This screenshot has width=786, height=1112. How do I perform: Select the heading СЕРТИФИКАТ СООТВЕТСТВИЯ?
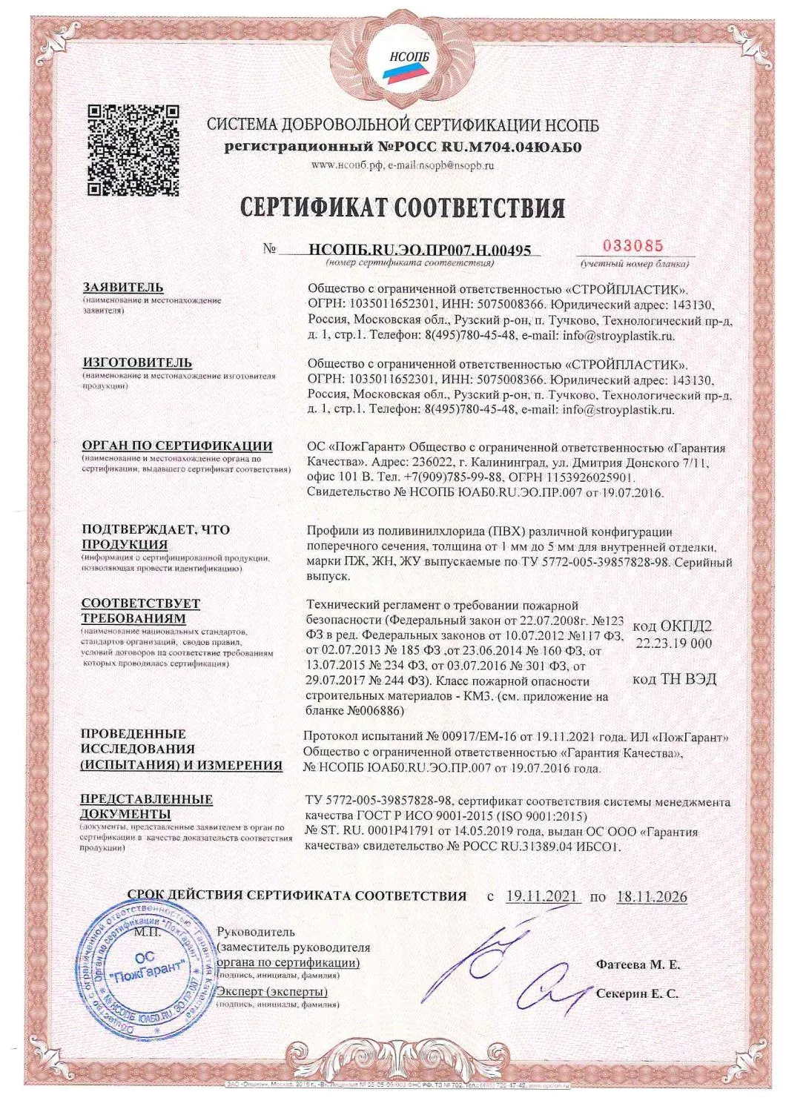[x=403, y=208]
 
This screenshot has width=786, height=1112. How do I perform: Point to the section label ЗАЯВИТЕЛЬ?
[x=123, y=288]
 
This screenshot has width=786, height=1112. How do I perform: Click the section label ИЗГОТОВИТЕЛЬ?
[x=136, y=363]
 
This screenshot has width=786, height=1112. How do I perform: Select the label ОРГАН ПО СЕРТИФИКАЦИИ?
[x=176, y=446]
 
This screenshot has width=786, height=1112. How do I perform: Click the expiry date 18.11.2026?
[x=651, y=896]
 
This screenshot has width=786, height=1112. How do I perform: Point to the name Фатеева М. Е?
[x=638, y=965]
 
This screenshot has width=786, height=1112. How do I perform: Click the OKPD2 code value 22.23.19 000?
[x=673, y=643]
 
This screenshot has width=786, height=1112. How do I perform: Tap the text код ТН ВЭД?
[x=673, y=679]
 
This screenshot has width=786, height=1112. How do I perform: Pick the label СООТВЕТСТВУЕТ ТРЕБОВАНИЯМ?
[x=141, y=611]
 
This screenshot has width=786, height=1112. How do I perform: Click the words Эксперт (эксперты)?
[x=272, y=992]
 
